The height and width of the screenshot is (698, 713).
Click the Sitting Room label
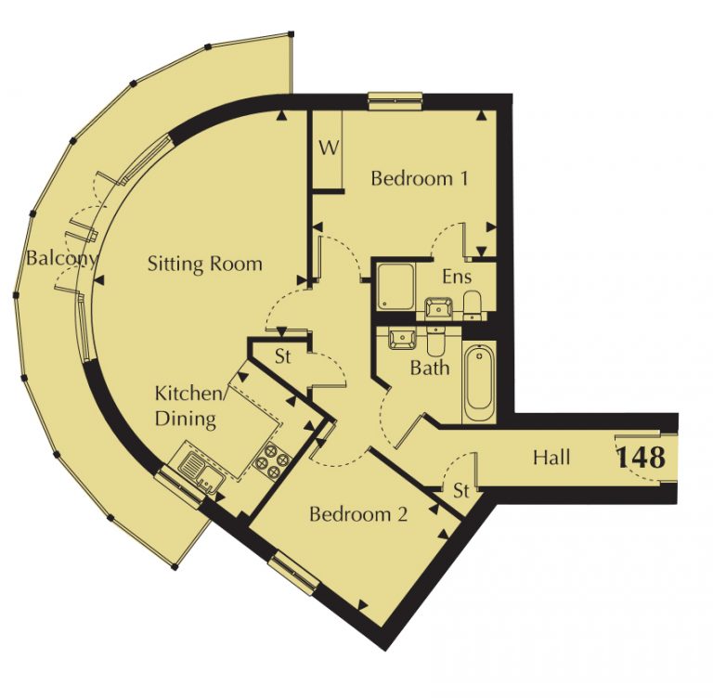pos(205,264)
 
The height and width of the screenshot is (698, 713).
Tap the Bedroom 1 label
pos(420,178)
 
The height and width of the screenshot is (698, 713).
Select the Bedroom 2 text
pos(358,514)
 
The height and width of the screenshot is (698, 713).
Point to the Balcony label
pos(61,258)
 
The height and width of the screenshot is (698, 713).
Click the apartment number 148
pos(641,457)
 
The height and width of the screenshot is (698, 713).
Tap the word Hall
pos(551,457)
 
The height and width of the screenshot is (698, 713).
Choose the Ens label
pos(457,277)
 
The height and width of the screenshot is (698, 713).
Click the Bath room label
pos(430,368)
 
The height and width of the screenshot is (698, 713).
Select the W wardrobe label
pos(329,148)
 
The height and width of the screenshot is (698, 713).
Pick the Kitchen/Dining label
pos(188,406)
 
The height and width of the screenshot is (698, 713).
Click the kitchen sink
pos(201,470)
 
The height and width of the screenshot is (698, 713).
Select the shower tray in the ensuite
pos(395,286)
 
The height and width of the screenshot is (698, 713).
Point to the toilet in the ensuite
pos(472,304)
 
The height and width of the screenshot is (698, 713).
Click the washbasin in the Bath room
pos(402,339)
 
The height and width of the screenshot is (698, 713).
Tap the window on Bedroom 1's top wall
pos(395,101)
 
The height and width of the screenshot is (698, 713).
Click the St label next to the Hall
pos(461,491)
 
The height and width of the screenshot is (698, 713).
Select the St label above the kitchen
pos(283,356)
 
